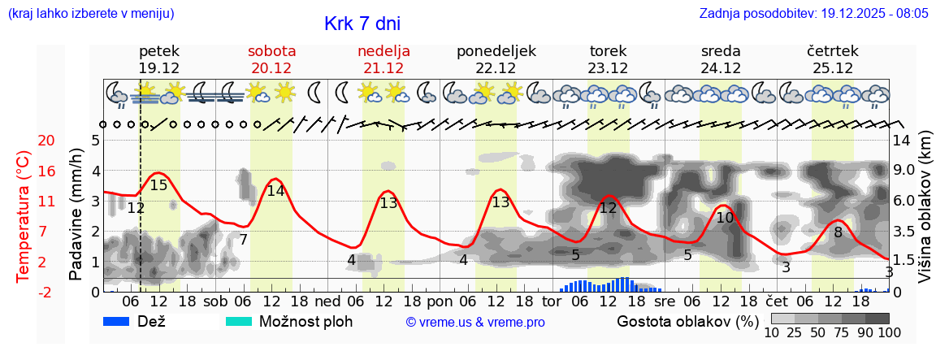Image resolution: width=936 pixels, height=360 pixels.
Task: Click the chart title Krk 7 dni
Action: click(x=362, y=24)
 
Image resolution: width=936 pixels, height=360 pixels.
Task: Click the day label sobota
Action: click(x=271, y=51)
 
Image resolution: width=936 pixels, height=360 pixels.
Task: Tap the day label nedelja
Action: click(x=383, y=51)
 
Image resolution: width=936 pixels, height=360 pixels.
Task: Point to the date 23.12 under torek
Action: click(x=609, y=68)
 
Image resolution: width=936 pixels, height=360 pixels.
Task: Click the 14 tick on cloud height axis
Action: click(x=903, y=141)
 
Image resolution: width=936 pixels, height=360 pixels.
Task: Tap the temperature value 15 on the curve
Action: click(x=158, y=185)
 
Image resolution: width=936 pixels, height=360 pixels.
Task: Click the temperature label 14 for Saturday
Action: click(x=275, y=191)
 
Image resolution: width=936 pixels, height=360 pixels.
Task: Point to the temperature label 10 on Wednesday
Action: click(x=725, y=218)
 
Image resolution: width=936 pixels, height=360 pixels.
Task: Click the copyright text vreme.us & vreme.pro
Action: click(x=474, y=322)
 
